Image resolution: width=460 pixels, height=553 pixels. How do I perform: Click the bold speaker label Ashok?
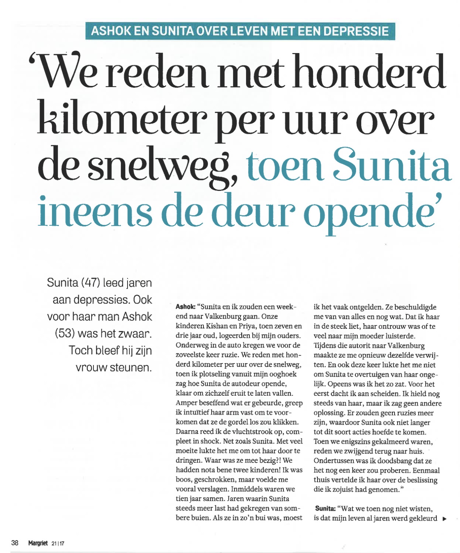pos(185,307)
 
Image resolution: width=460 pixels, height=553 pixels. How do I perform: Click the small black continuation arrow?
pos(444,519)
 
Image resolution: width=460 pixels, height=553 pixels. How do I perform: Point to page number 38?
pos(15,543)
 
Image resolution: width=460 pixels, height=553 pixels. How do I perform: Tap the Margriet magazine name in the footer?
pos(38,543)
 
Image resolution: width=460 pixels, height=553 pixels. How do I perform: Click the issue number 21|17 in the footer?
pos(58,543)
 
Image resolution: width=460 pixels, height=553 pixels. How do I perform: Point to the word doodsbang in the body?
pos(393,461)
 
